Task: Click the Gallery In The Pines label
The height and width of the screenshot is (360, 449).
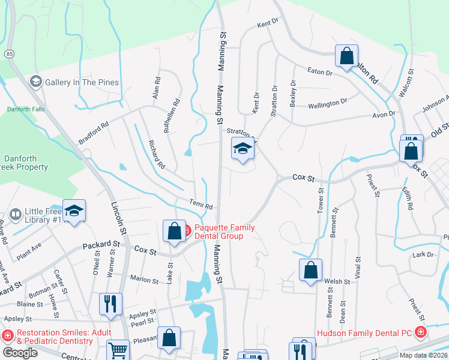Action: [81, 82]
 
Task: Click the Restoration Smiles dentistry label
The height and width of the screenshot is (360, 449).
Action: [55, 337]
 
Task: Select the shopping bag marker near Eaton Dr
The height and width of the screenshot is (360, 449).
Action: [346, 56]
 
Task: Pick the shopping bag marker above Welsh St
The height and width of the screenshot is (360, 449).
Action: [310, 271]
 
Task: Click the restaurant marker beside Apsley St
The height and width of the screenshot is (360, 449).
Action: [110, 305]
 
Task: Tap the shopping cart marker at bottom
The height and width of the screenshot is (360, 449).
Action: [118, 351]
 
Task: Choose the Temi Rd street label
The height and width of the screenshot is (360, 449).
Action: [201, 206]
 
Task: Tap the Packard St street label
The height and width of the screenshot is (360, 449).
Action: [103, 245]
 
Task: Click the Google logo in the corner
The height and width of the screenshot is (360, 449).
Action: [20, 353]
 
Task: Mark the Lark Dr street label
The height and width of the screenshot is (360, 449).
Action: [423, 255]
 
